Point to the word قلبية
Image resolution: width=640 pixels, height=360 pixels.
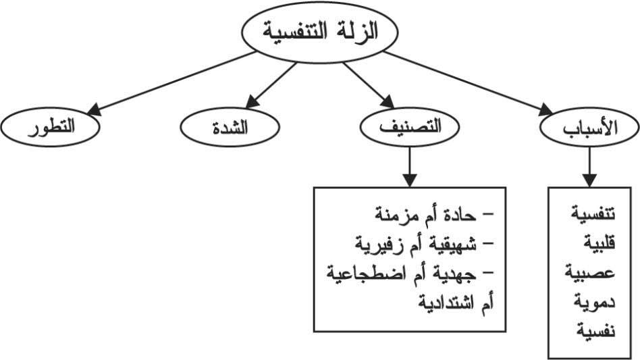click(x=599, y=242)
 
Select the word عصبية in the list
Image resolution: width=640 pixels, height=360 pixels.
click(x=590, y=272)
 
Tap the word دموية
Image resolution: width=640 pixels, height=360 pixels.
click(x=594, y=301)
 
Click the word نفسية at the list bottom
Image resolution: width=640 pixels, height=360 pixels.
click(x=595, y=330)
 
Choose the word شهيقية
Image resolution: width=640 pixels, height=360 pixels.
click(x=452, y=244)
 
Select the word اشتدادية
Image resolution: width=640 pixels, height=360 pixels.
click(x=445, y=303)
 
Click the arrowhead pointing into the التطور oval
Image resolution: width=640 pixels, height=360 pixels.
click(x=95, y=109)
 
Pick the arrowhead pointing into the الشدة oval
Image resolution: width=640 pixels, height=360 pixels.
click(x=252, y=101)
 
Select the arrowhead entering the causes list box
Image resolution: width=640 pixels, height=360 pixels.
click(x=589, y=180)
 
